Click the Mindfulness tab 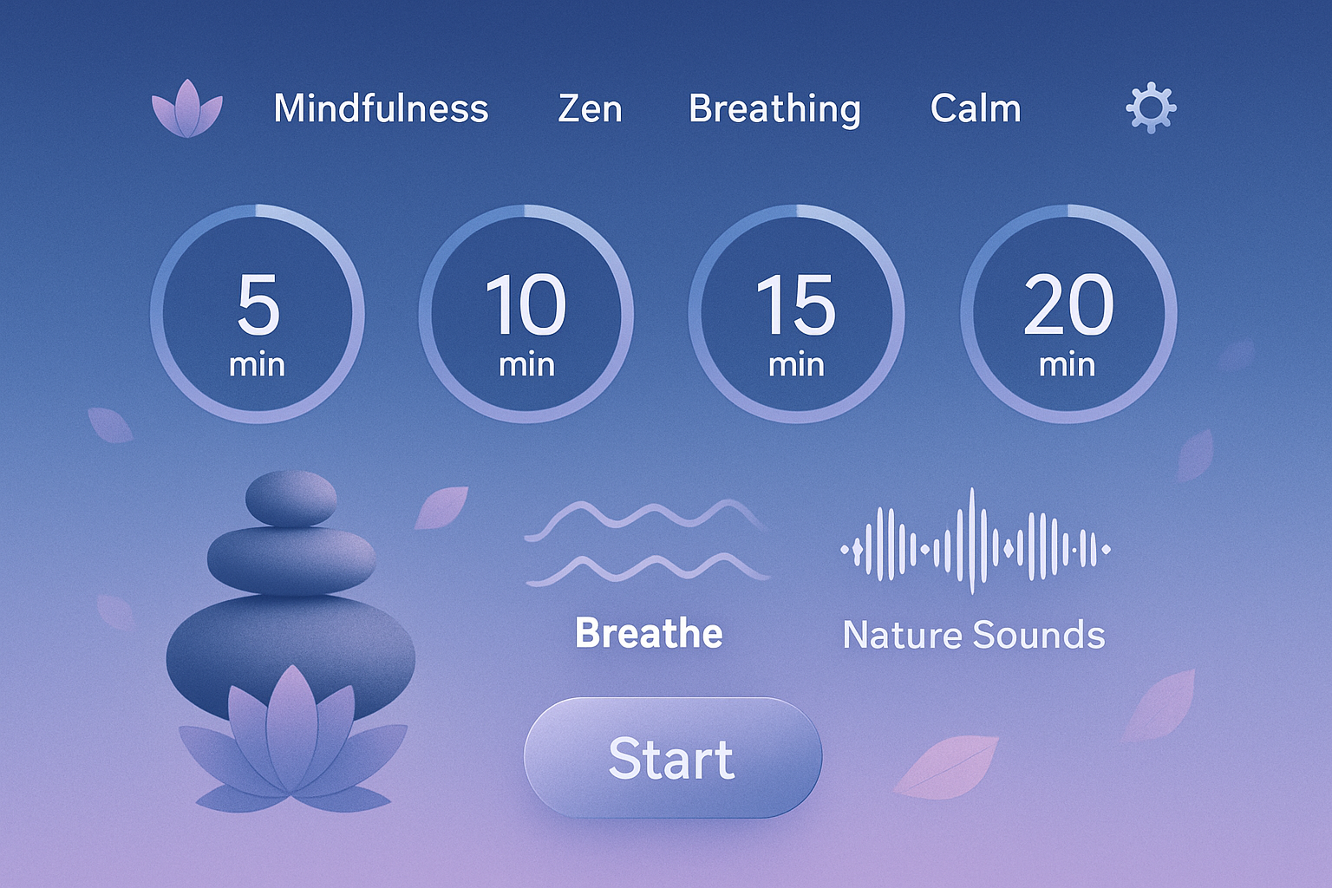pyautogui.click(x=381, y=109)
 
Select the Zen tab pyautogui.click(x=590, y=109)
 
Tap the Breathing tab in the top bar pyautogui.click(x=774, y=109)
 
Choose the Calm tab pyautogui.click(x=976, y=109)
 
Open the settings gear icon pyautogui.click(x=1151, y=108)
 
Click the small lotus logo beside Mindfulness pyautogui.click(x=187, y=110)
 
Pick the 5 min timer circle pyautogui.click(x=258, y=314)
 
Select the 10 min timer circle pyautogui.click(x=526, y=314)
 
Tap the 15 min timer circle pyautogui.click(x=796, y=314)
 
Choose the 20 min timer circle pyautogui.click(x=1068, y=314)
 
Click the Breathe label pyautogui.click(x=649, y=634)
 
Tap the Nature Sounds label pyautogui.click(x=974, y=636)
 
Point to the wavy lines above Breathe pyautogui.click(x=647, y=542)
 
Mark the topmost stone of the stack pyautogui.click(x=291, y=499)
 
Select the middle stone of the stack pyautogui.click(x=291, y=559)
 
